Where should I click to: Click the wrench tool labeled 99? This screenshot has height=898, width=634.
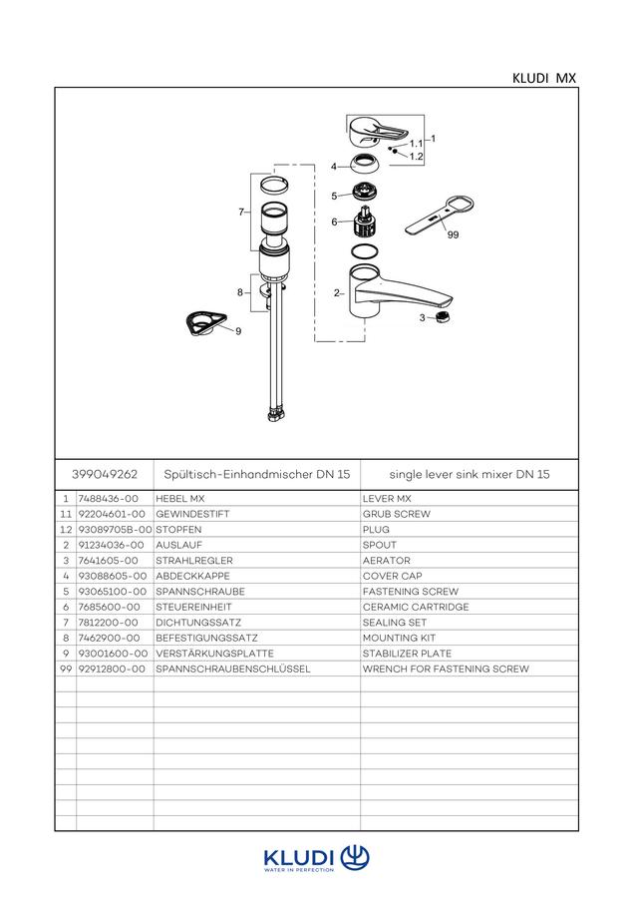pyautogui.click(x=438, y=216)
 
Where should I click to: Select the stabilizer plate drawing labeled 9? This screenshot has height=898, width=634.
pyautogui.click(x=205, y=324)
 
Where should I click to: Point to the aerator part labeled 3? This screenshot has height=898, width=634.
pyautogui.click(x=441, y=316)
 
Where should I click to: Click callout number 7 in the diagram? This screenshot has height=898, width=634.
pyautogui.click(x=241, y=212)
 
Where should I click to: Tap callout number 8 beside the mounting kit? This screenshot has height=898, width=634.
pyautogui.click(x=240, y=292)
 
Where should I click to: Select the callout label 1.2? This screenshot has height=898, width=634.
pyautogui.click(x=417, y=157)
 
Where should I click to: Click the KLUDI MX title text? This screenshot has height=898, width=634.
pyautogui.click(x=544, y=78)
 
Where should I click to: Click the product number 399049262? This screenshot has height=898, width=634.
pyautogui.click(x=105, y=474)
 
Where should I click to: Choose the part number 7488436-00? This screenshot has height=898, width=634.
pyautogui.click(x=108, y=499)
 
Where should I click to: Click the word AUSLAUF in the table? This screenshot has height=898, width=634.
pyautogui.click(x=179, y=545)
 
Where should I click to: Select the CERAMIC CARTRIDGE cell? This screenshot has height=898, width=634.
pyautogui.click(x=416, y=607)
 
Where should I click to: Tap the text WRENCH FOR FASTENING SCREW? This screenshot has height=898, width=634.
pyautogui.click(x=446, y=669)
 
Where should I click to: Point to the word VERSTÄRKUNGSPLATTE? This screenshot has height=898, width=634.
pyautogui.click(x=214, y=654)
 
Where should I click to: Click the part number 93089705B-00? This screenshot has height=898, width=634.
pyautogui.click(x=115, y=530)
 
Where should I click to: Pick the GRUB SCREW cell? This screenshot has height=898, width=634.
pyautogui.click(x=396, y=514)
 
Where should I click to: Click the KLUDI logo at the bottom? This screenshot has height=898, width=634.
pyautogui.click(x=316, y=858)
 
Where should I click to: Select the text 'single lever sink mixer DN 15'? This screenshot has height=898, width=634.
pyautogui.click(x=470, y=474)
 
